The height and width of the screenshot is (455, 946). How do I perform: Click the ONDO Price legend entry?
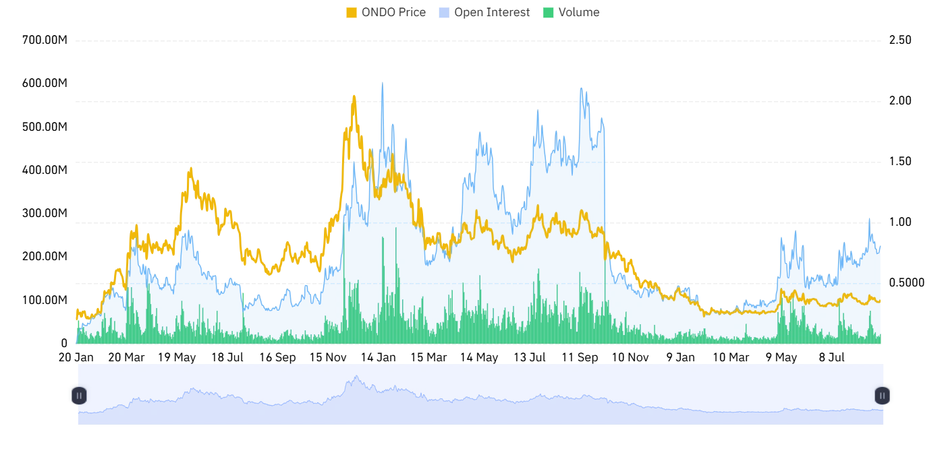(x=385, y=12)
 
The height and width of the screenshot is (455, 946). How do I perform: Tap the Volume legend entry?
(x=571, y=12)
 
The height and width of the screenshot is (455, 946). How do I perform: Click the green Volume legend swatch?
(x=548, y=13)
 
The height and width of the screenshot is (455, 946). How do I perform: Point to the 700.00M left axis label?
(x=45, y=40)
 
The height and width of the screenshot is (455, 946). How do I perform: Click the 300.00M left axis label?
(x=45, y=213)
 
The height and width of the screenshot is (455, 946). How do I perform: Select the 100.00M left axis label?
(x=45, y=300)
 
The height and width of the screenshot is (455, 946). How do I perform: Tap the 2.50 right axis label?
(x=900, y=40)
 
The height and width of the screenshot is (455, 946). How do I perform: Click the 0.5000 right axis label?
(x=907, y=283)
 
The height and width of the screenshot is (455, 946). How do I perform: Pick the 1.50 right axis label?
(x=900, y=161)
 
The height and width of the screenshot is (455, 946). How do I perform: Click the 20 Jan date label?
(x=76, y=357)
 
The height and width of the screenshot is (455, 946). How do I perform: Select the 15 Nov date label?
(x=328, y=357)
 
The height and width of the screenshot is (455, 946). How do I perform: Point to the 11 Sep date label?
(x=580, y=357)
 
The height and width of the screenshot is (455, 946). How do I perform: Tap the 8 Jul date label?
(x=831, y=357)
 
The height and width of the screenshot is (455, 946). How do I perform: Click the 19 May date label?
(x=177, y=357)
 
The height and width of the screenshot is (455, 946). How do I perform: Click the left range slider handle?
(x=79, y=396)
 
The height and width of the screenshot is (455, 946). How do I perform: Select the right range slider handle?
(x=882, y=396)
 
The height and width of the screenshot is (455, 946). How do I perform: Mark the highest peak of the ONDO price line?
(x=354, y=96)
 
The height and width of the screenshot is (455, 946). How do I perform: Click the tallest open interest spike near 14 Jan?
(x=383, y=83)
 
